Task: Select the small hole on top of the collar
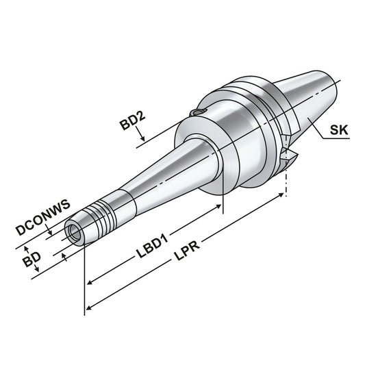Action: (x=197, y=112)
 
